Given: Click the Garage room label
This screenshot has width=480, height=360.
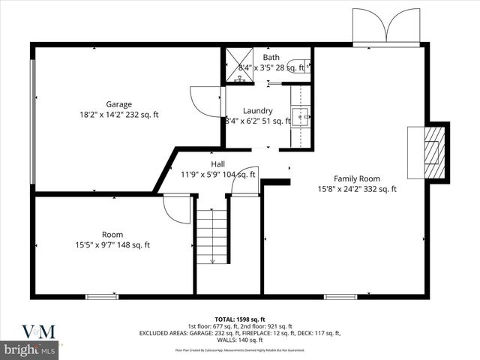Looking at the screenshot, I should pyautogui.click(x=118, y=104).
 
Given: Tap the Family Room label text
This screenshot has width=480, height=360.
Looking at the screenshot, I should pyautogui.click(x=357, y=178).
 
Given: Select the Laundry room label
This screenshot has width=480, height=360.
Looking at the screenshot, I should pyautogui.click(x=257, y=110).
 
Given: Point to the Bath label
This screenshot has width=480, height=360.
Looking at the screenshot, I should pyautogui.click(x=270, y=57).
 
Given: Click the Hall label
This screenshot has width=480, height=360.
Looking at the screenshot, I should pyautogui.click(x=217, y=164).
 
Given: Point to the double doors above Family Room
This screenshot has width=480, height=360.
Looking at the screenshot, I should pyautogui.click(x=385, y=28).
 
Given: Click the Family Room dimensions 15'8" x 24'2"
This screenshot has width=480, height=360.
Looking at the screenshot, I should pyautogui.click(x=357, y=189).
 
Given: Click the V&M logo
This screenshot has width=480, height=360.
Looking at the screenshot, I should pyautogui.click(x=31, y=331).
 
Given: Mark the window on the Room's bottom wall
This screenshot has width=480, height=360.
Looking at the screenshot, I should pyautogui.click(x=102, y=297).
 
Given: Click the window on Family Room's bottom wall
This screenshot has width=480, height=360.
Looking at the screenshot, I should pyautogui.click(x=340, y=297).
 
